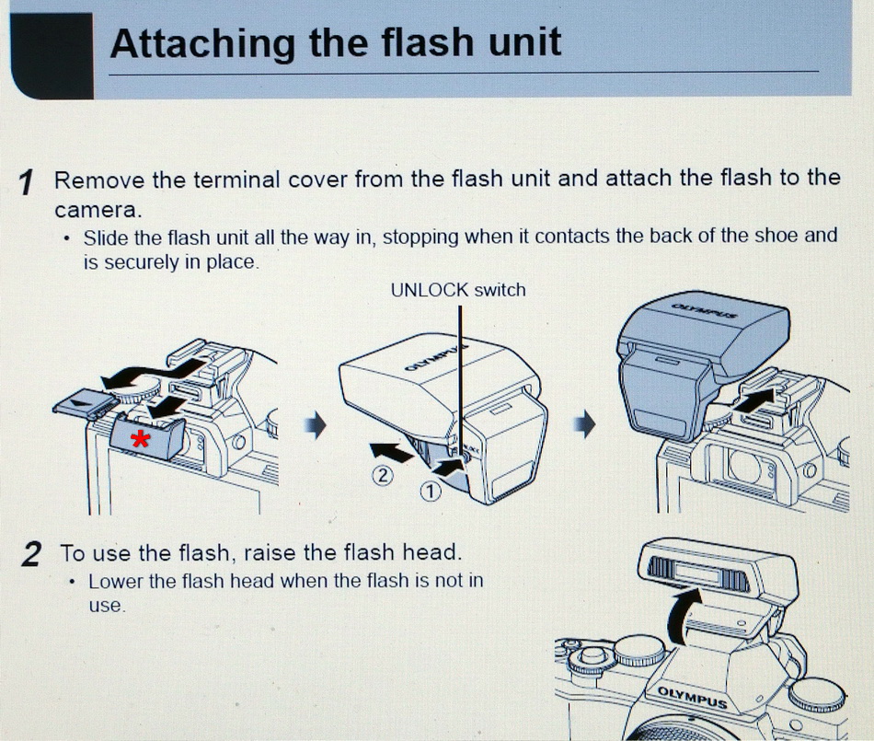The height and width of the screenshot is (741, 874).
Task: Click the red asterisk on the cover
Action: click(x=140, y=440)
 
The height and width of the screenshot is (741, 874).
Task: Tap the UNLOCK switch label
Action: click(x=458, y=290)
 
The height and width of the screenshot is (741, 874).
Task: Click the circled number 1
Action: click(x=430, y=492)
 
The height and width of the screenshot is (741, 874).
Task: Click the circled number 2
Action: click(x=383, y=476)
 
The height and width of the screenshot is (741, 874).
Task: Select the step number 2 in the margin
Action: click(x=31, y=554)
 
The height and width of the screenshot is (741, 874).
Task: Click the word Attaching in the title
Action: click(x=202, y=44)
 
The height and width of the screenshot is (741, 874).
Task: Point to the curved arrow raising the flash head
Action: click(x=683, y=616)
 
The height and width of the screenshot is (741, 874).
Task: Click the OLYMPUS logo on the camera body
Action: click(x=692, y=698)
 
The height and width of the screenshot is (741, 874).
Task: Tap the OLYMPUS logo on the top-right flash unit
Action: click(x=705, y=310)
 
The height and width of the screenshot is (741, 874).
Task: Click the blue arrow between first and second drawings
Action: click(x=315, y=425)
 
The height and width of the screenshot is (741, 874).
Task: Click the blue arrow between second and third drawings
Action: click(x=585, y=424)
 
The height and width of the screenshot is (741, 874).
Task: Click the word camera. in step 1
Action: click(x=98, y=210)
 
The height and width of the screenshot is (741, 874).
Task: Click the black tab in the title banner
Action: click(x=52, y=56)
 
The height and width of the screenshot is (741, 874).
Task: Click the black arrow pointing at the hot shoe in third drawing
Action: click(x=753, y=399)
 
